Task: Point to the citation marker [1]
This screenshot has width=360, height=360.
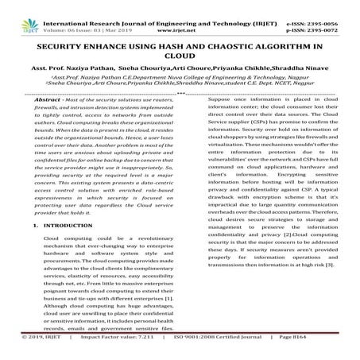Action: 165,305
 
